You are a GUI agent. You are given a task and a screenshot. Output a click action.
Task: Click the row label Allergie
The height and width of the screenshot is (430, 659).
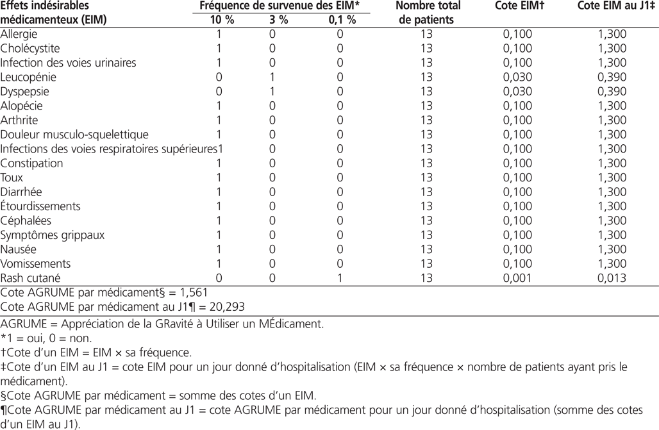19,34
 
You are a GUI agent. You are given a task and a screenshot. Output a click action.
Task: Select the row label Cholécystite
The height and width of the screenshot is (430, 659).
30,49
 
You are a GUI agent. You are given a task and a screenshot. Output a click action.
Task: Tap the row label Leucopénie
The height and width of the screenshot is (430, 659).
28,77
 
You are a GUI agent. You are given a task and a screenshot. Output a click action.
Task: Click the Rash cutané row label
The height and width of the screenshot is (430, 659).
30,278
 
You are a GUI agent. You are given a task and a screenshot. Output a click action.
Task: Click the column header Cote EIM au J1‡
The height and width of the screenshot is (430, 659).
612,6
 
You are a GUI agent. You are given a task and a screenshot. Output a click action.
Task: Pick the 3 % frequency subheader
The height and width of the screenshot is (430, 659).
279,20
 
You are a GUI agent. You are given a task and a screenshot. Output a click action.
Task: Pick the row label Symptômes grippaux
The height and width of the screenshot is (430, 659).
52,235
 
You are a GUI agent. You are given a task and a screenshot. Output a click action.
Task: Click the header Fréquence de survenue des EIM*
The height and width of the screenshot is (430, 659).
279,6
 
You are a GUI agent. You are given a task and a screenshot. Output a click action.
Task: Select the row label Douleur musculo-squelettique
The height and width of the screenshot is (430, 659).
74,135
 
